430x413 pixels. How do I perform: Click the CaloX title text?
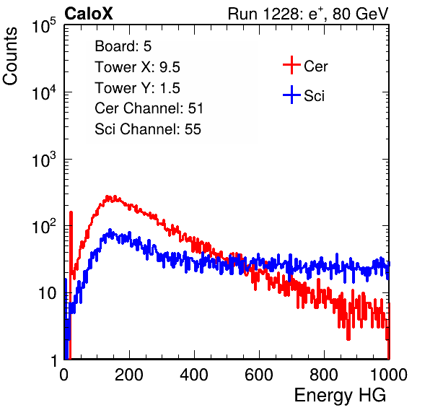pos(88,14)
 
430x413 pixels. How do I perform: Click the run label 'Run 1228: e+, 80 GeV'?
pos(308,14)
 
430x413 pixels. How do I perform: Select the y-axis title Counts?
pos(10,56)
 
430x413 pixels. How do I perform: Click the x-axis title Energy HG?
pos(340,395)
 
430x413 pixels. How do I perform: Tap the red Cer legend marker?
pos(291,65)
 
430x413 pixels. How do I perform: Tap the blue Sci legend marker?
pos(291,95)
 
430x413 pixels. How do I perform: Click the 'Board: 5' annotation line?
pos(123,46)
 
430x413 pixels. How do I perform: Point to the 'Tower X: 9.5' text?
pos(137,67)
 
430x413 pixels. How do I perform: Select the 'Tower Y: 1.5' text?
pos(137,88)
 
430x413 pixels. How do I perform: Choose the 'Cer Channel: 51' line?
pos(149,108)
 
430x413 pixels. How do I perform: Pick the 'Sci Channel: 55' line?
pos(148,129)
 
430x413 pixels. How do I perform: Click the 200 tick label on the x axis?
pos(129,375)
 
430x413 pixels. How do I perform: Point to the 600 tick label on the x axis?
pos(259,375)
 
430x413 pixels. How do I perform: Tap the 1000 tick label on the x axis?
pos(389,375)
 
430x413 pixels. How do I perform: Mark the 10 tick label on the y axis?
pos(48,293)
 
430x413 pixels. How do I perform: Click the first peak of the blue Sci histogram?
pos(110,230)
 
